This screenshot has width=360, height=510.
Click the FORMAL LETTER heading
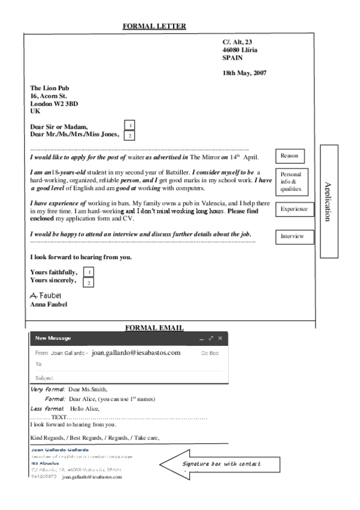[x=154, y=26]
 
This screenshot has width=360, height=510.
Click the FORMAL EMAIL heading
[x=154, y=328]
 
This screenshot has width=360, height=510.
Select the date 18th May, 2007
[x=244, y=73]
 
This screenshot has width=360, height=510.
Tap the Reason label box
[x=289, y=156]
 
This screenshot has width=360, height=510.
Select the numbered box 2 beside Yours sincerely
[x=89, y=282]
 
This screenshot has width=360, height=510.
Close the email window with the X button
[x=220, y=339]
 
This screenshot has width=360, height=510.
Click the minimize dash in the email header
[x=201, y=339]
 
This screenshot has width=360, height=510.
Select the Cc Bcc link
[x=210, y=353]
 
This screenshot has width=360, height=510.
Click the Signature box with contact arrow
[x=220, y=464]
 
